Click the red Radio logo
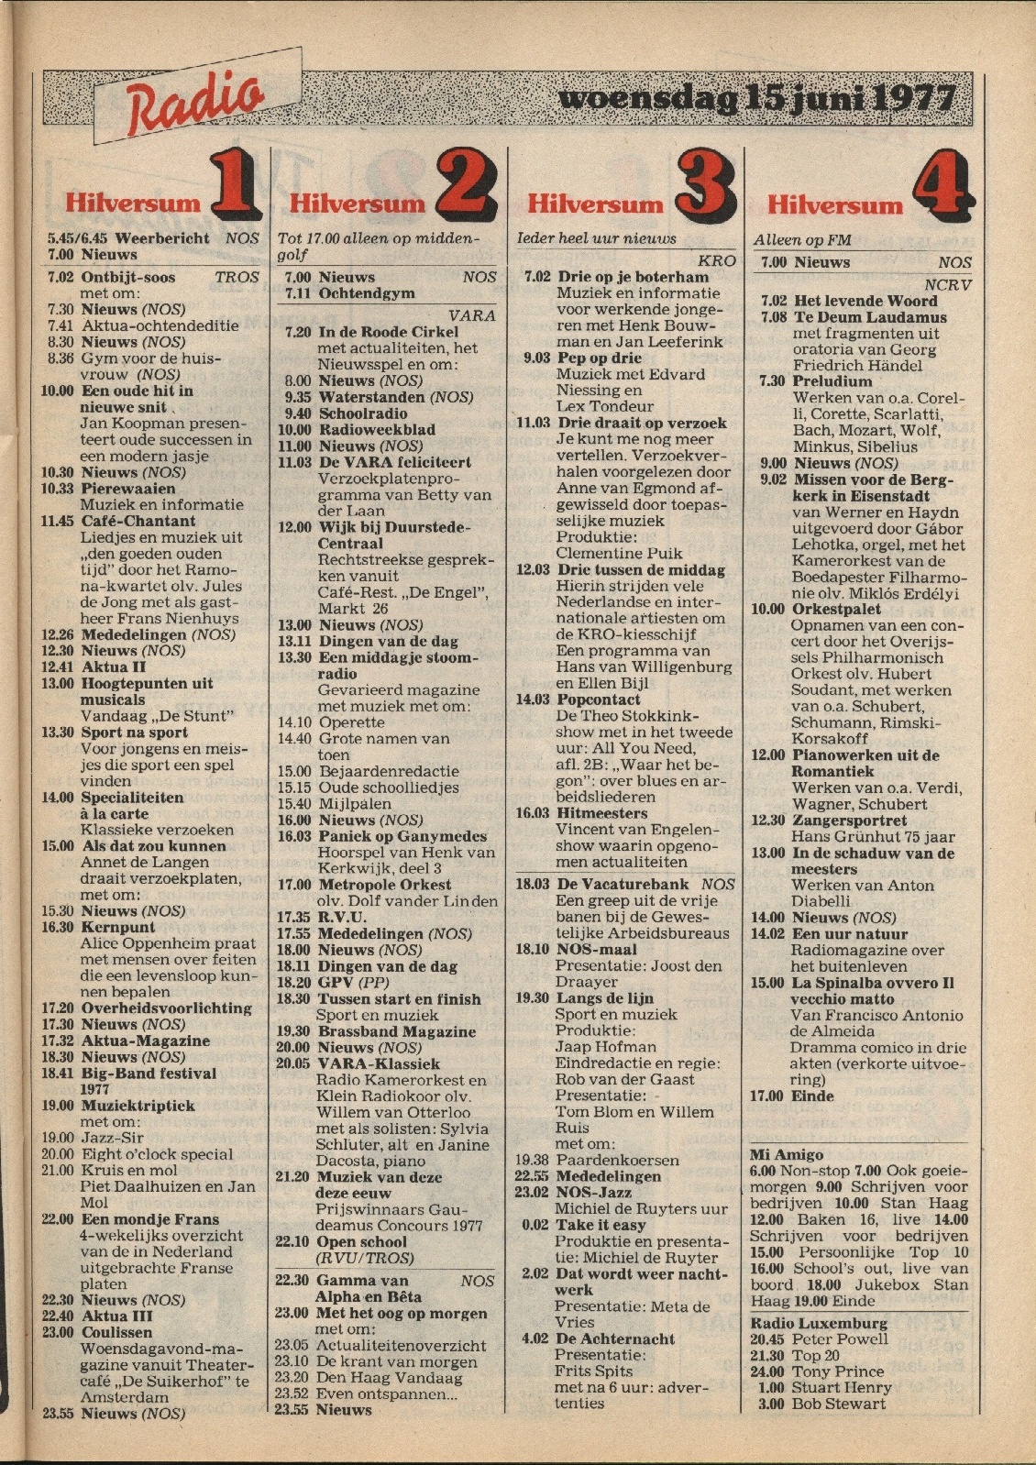[195, 104]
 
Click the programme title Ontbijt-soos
[127, 277]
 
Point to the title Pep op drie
[599, 358]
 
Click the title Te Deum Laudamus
[870, 317]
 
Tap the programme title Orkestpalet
[837, 609]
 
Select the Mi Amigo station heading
[786, 1155]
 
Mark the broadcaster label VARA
[472, 315]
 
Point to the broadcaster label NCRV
[947, 285]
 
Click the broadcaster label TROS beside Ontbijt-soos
[237, 277]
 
